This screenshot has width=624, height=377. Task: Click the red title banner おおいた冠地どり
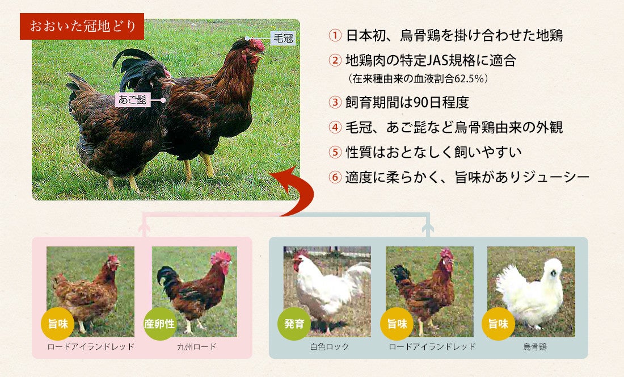click(x=82, y=26)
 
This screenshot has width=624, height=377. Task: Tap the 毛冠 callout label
click(x=283, y=38)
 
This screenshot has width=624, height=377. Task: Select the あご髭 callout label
click(x=133, y=99)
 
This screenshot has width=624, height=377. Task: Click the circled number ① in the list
click(x=335, y=35)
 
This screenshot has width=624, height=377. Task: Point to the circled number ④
click(x=335, y=127)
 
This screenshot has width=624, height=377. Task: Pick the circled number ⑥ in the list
click(x=335, y=177)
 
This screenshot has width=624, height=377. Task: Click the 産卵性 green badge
click(x=159, y=324)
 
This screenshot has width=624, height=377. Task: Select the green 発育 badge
click(x=294, y=324)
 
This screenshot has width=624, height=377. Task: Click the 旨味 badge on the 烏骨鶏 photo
click(x=498, y=324)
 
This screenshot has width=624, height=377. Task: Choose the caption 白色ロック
click(x=330, y=347)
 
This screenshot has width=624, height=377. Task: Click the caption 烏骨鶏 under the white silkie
click(x=535, y=347)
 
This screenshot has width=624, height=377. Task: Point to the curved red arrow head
click(x=283, y=178)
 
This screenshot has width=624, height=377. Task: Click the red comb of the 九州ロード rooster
click(x=221, y=257)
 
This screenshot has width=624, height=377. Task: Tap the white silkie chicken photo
click(x=532, y=292)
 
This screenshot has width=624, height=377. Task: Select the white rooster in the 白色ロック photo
click(x=328, y=288)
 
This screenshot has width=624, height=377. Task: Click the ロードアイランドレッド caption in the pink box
click(x=91, y=347)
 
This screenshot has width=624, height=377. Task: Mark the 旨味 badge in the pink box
click(x=58, y=324)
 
